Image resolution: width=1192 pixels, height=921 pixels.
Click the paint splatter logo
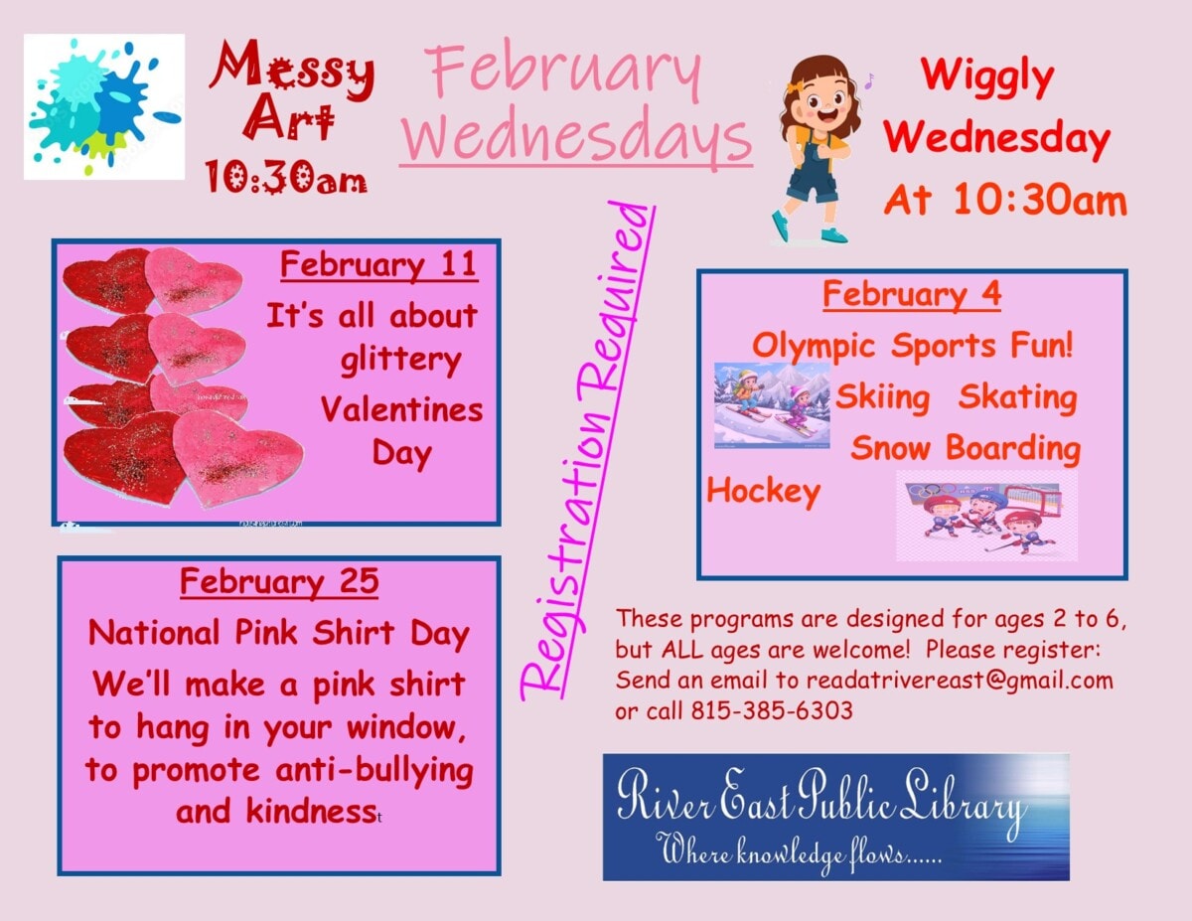coord(103,107)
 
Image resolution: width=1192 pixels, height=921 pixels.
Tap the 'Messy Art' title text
coord(289,95)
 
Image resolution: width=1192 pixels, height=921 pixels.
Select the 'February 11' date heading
coord(378,266)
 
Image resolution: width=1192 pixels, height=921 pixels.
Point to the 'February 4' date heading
coord(911,295)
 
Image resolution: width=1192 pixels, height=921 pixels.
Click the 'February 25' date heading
coord(279,581)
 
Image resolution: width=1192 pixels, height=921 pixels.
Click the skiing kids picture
coord(772,404)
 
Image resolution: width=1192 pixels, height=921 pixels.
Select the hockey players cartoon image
coord(986,515)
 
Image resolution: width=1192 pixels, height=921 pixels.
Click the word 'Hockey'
coord(763,492)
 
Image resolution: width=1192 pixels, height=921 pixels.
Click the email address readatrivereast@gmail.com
coord(960,681)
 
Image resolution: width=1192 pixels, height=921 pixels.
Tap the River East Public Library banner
coord(835,816)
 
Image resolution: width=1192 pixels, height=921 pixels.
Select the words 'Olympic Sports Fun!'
coord(913,346)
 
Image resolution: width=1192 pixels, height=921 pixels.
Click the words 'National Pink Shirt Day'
coord(278,633)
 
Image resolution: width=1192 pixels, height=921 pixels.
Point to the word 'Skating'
coord(1017,397)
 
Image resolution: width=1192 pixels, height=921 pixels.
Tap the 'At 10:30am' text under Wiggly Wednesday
coord(1005,201)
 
